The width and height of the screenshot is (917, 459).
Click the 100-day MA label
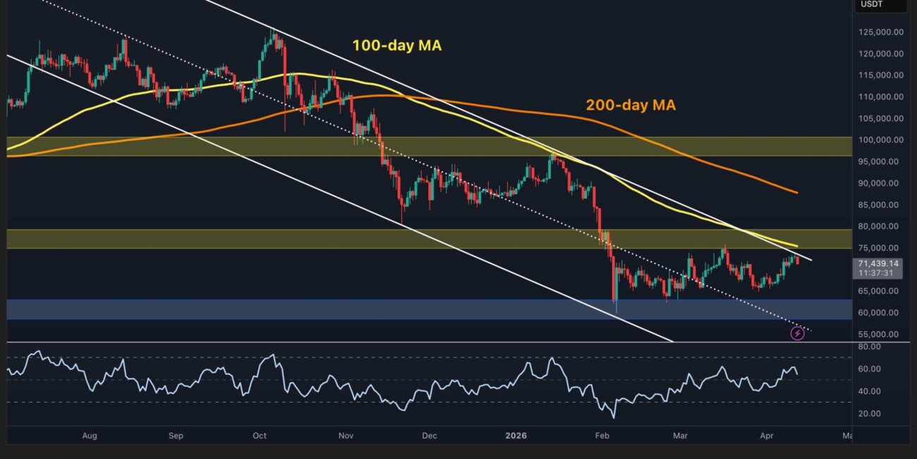point(397,47)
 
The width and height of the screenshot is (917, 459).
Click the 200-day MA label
point(631,105)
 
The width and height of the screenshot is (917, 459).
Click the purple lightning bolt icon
point(797,333)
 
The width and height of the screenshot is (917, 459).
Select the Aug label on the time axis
point(89,436)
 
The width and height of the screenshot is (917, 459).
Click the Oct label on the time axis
point(260,436)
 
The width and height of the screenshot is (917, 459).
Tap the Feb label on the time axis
point(602,436)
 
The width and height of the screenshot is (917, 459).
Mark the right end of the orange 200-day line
point(797,192)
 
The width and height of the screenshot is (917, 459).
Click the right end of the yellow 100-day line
point(797,246)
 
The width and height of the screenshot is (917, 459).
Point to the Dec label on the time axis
point(430,436)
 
